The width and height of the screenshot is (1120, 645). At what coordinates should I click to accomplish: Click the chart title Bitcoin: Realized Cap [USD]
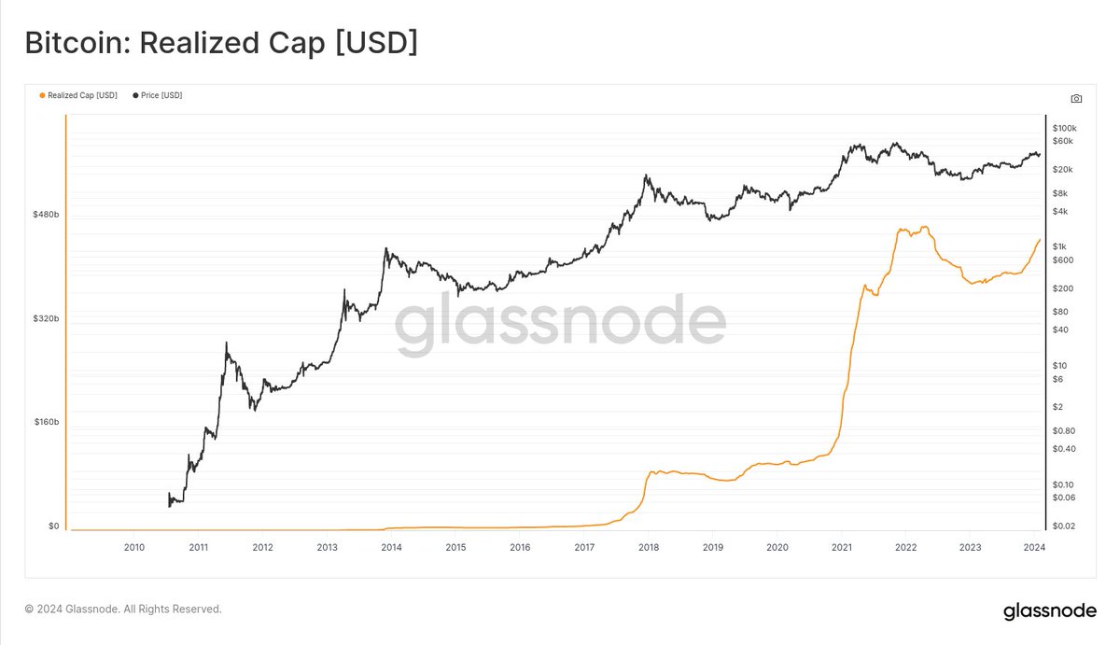221,43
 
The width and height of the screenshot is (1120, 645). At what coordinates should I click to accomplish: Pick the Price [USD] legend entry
161,95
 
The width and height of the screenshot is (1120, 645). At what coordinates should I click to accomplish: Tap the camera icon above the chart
1076,98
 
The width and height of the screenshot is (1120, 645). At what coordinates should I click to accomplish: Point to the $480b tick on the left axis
46,215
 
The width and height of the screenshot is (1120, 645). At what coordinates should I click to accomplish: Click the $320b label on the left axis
46,318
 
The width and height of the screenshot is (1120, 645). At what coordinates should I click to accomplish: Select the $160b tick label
46,422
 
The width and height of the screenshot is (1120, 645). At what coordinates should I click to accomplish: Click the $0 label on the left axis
53,526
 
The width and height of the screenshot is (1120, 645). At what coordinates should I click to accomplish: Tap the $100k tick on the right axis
1064,128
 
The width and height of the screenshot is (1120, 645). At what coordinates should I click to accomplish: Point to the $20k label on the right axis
1062,170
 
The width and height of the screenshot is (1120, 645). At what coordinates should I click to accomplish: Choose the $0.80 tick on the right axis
1064,430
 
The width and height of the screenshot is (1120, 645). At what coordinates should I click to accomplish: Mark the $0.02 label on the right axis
1064,526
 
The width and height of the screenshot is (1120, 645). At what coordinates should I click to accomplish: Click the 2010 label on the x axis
133,548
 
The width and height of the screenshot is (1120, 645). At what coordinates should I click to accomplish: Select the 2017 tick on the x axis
584,548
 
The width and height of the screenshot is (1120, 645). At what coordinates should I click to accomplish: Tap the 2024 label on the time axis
1034,548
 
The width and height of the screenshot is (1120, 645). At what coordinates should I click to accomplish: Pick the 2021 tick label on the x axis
842,548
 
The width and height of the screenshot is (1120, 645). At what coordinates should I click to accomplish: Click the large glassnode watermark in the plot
560,324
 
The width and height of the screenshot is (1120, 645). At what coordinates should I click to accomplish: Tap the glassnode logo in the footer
1049,611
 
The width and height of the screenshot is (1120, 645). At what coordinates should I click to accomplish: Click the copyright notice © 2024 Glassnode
123,610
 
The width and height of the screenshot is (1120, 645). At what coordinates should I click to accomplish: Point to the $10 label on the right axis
1059,365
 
